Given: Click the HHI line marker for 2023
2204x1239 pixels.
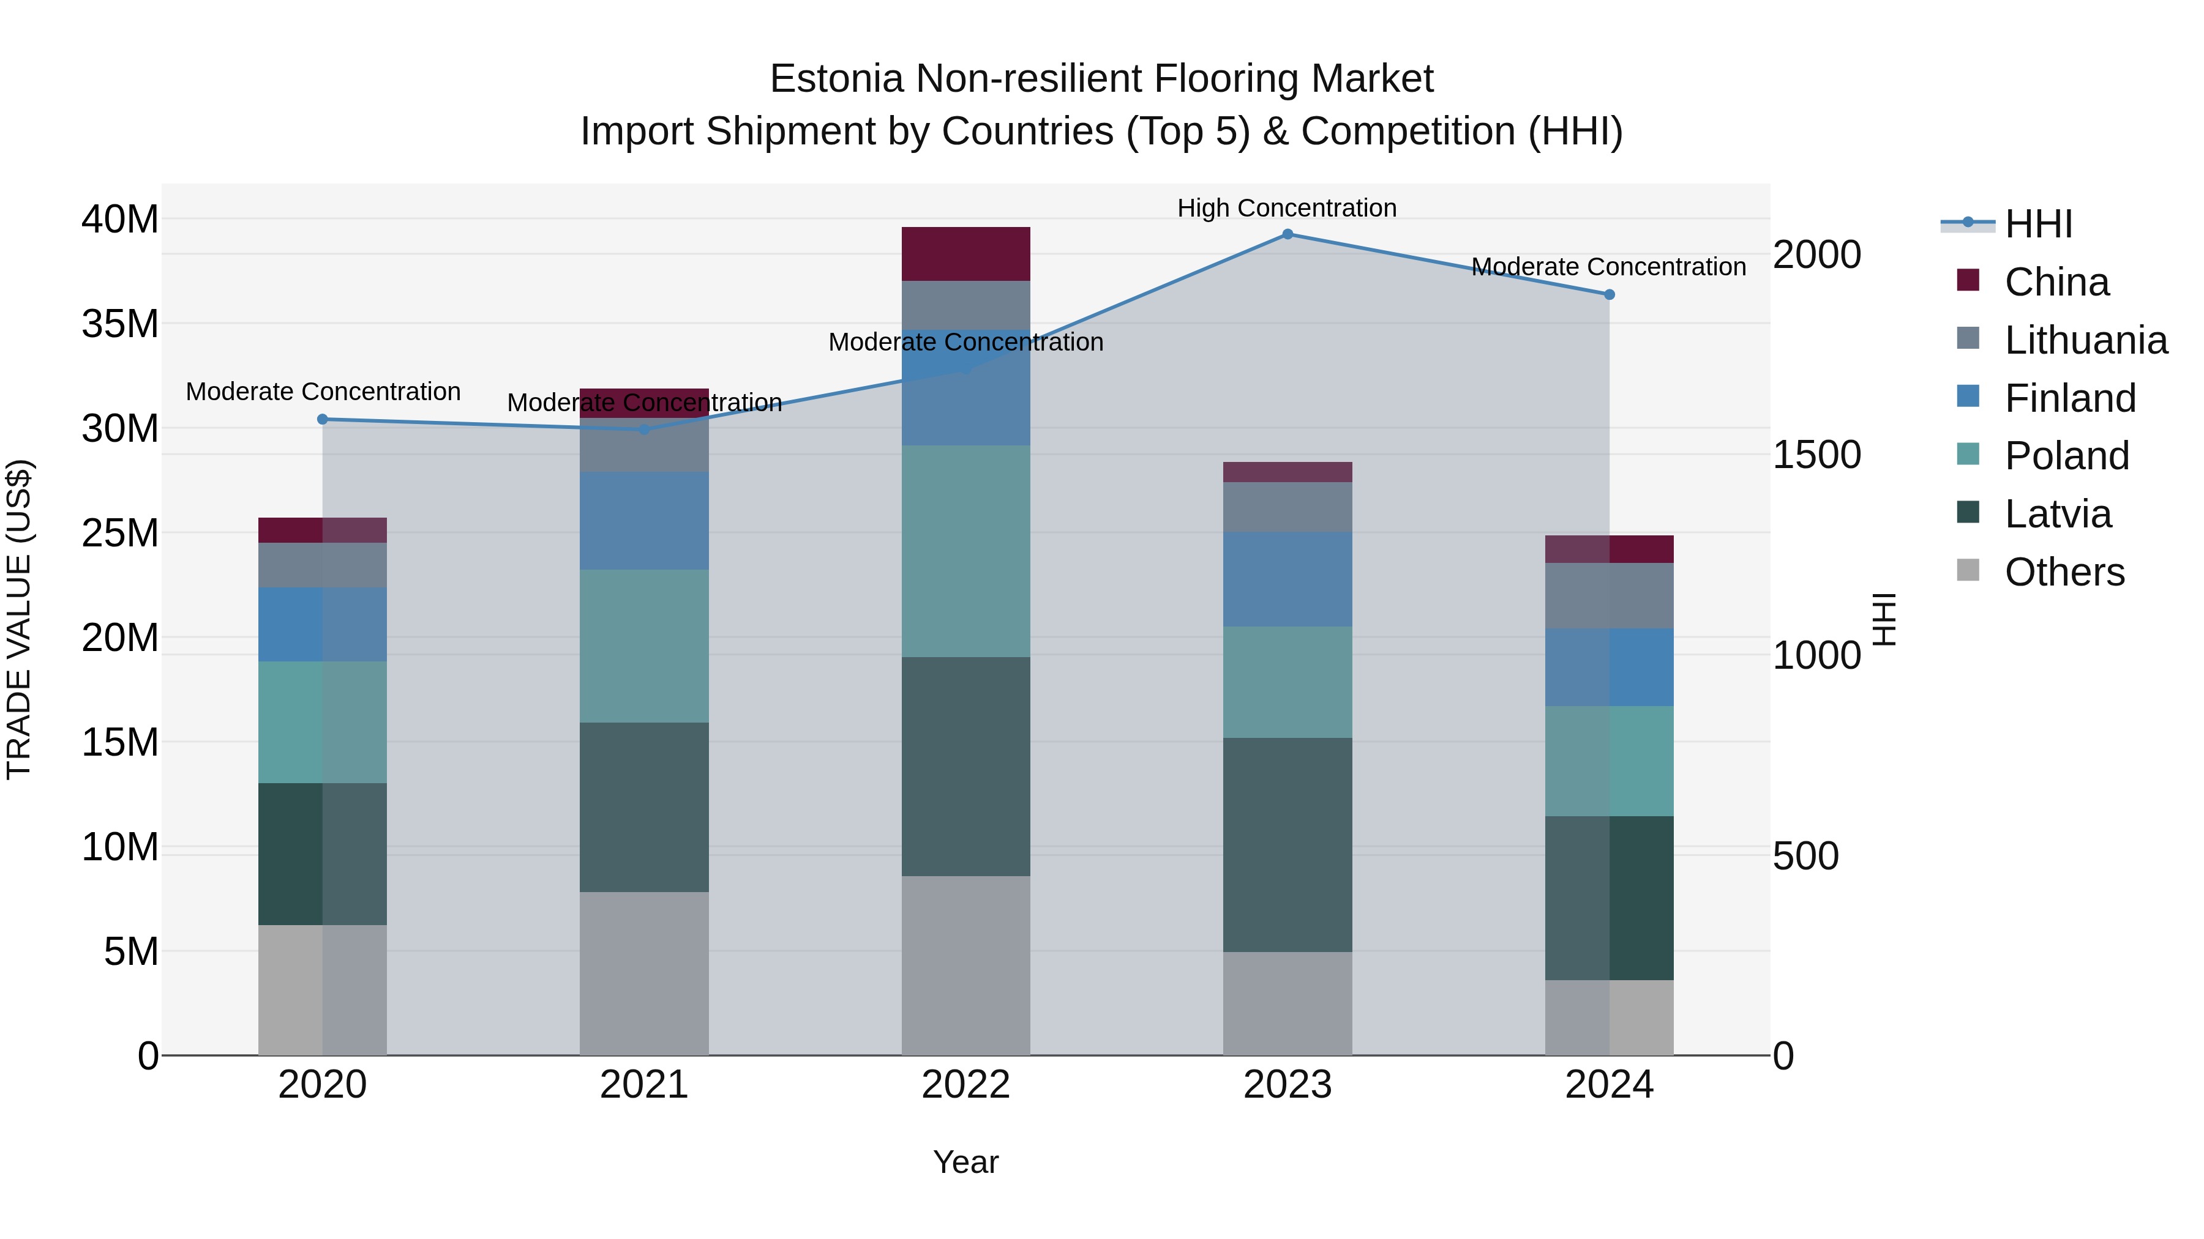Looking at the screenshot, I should pos(1287,234).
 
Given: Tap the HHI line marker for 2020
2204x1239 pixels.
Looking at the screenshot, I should pos(323,419).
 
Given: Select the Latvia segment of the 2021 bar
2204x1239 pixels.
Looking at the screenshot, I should pos(643,807).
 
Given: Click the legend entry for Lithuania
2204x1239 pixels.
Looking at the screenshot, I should pos(2085,340).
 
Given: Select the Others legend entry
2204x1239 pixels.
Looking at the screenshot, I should pos(2064,572).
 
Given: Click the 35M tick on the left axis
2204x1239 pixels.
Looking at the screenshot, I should pos(120,324).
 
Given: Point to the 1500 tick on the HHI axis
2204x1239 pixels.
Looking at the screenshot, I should pos(1816,455).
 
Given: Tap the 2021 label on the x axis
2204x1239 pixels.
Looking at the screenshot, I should pos(643,1085).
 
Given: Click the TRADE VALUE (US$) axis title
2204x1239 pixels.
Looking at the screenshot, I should pos(19,619).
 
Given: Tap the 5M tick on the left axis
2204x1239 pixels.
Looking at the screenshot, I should pos(131,951).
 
